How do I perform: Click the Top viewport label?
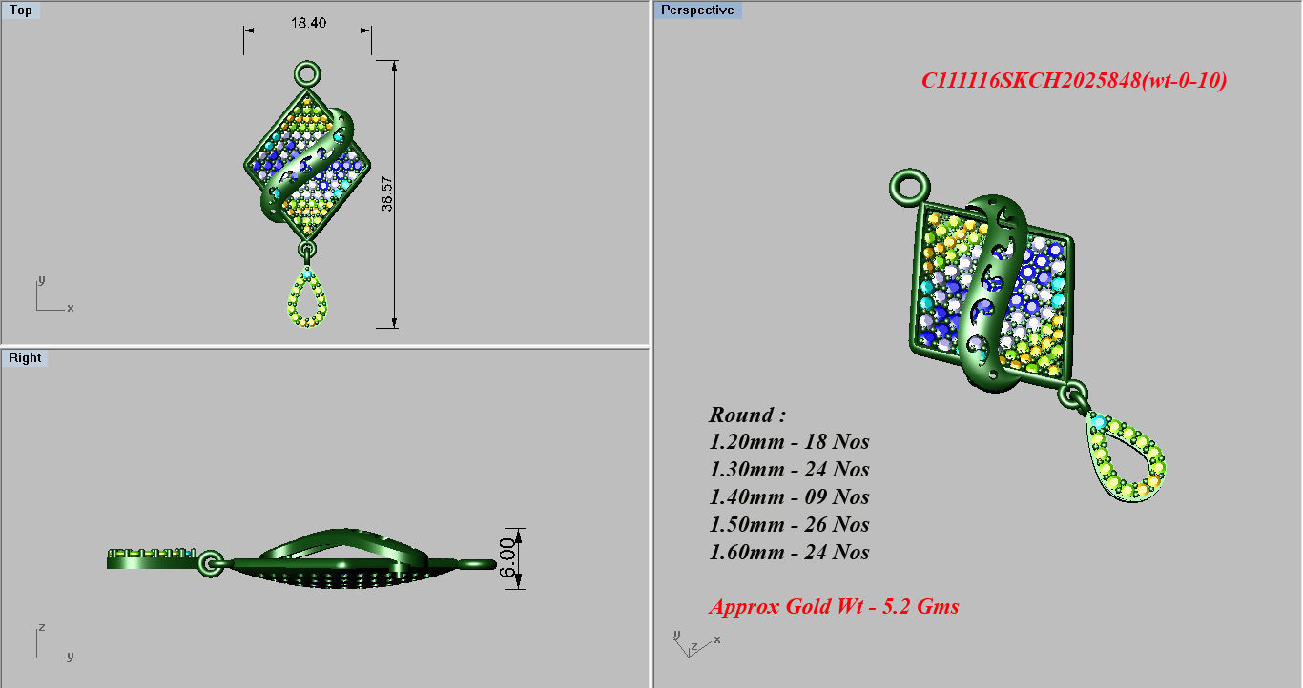click(20, 10)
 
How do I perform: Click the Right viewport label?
click(25, 358)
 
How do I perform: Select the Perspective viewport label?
click(697, 10)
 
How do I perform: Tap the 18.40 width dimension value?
click(308, 22)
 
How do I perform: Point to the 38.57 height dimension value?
click(387, 193)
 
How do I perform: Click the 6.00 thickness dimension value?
click(507, 557)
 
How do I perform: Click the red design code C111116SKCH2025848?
click(1073, 81)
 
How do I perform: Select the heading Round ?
click(747, 415)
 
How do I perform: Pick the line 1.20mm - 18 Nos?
click(789, 442)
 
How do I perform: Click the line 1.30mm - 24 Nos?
click(789, 470)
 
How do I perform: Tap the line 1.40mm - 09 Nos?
click(789, 497)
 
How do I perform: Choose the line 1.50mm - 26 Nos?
click(789, 525)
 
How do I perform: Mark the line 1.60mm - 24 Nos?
click(789, 553)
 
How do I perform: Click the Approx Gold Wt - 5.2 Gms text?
click(834, 607)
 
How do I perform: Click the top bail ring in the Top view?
click(307, 73)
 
